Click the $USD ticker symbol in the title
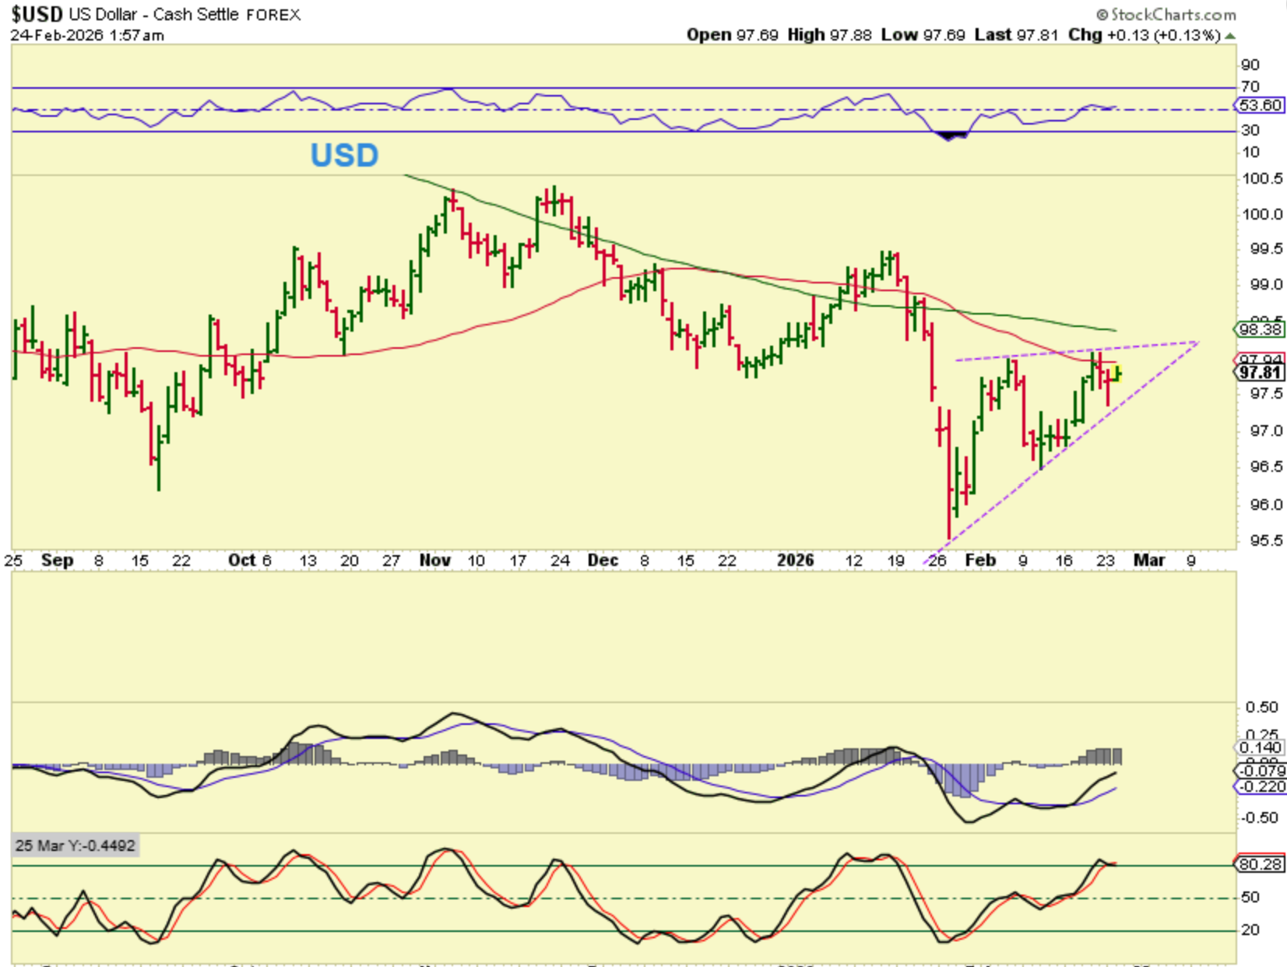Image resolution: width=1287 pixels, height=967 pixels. tap(37, 14)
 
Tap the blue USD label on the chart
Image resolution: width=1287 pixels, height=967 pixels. tap(344, 155)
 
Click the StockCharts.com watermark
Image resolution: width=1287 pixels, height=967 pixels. tap(1166, 14)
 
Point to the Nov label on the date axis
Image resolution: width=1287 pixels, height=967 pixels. tap(434, 561)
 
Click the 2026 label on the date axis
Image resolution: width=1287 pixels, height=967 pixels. tap(795, 561)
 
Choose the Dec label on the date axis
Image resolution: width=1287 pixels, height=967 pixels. tap(603, 561)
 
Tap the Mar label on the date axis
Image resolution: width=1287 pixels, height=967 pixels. tap(1149, 561)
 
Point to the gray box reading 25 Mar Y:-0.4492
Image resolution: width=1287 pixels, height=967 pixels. tap(76, 846)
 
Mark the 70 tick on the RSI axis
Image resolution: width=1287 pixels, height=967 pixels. tap(1250, 86)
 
